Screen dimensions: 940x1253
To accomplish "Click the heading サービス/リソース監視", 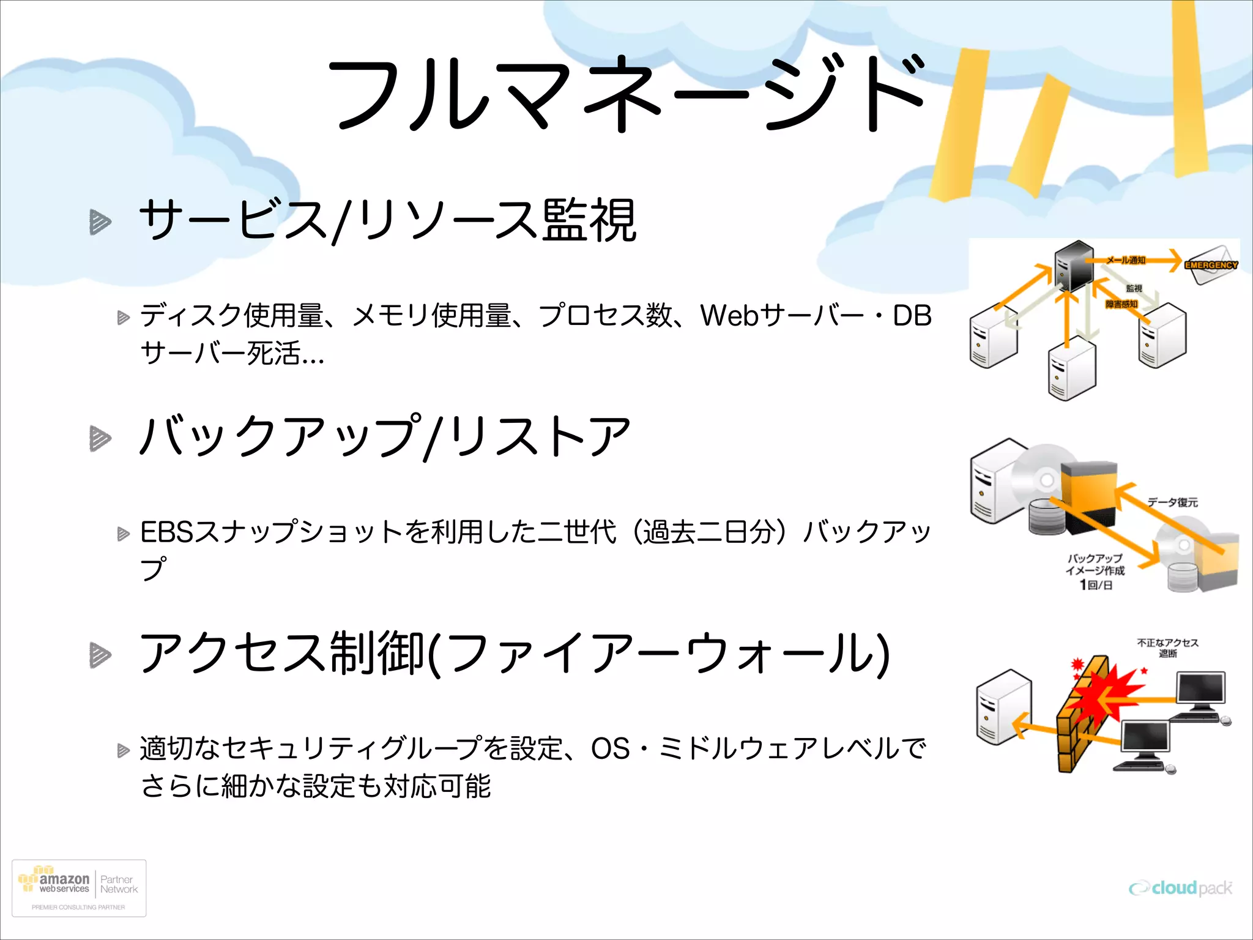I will click(388, 220).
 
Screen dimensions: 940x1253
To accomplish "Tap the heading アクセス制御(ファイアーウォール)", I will click(514, 654).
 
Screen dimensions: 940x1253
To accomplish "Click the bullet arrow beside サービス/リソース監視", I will click(100, 222).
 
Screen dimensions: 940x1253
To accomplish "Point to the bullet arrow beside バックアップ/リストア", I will click(100, 438).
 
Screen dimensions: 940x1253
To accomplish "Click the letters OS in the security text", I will click(610, 748).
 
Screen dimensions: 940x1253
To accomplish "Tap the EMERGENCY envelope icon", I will click(1212, 264).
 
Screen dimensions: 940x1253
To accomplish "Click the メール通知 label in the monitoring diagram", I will click(1125, 260).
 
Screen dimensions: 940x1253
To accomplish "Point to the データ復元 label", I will click(1172, 502).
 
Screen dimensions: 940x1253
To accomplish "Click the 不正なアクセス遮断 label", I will click(1167, 647).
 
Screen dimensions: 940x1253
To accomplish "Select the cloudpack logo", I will click(1181, 887).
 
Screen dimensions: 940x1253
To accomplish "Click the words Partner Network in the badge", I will click(119, 884).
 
